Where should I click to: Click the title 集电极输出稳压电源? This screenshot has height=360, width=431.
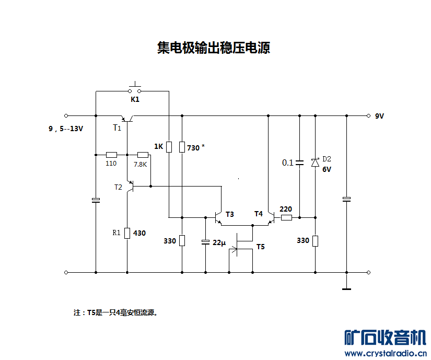(x=213, y=49)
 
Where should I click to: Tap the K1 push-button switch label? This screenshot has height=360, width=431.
(x=135, y=99)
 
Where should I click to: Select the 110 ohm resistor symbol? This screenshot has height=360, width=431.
(x=111, y=155)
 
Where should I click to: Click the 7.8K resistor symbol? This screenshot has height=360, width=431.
(x=142, y=155)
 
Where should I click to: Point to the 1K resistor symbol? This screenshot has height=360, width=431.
(x=169, y=147)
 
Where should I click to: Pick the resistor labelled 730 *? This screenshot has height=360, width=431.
(x=182, y=147)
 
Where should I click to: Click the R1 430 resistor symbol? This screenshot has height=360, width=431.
(x=127, y=233)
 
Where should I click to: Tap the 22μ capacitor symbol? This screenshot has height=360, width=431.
(x=205, y=242)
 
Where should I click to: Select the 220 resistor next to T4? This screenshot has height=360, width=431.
(x=286, y=217)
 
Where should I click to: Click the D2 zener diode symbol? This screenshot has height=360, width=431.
(x=315, y=162)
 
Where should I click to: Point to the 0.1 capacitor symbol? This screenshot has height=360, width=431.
(x=299, y=162)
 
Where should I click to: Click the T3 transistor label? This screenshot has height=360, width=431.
(x=229, y=214)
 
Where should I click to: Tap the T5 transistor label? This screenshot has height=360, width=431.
(x=260, y=246)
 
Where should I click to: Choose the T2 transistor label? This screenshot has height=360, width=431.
(x=119, y=187)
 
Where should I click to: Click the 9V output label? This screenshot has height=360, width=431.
(x=379, y=116)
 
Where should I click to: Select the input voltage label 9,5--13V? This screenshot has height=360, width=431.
(x=65, y=129)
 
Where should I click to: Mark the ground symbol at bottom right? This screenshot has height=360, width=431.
(x=346, y=288)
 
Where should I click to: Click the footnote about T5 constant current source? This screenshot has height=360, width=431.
(x=115, y=313)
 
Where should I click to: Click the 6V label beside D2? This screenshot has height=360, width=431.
(x=327, y=170)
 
